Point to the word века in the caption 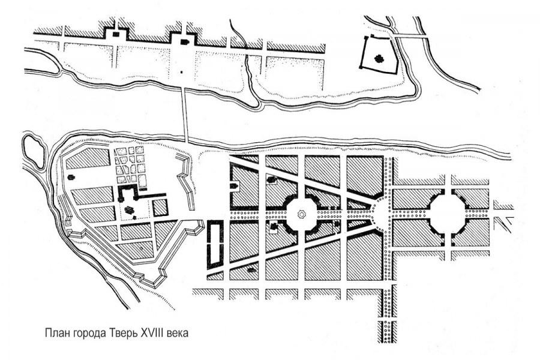point(178,334)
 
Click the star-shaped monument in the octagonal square point(301,215)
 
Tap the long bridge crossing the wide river point(185,115)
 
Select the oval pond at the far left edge point(34,152)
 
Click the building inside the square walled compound point(380,59)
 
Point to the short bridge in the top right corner point(409,35)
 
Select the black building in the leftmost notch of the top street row point(116,34)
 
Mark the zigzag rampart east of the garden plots point(186,182)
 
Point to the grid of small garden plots point(130,164)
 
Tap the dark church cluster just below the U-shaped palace point(129,210)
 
